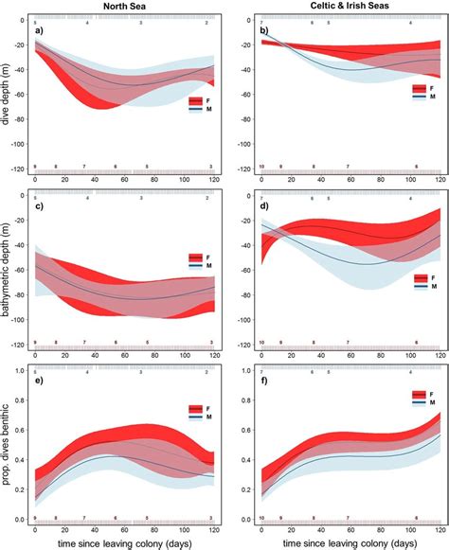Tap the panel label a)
pyautogui.click(x=40, y=31)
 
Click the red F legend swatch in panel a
pyautogui.click(x=193, y=99)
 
